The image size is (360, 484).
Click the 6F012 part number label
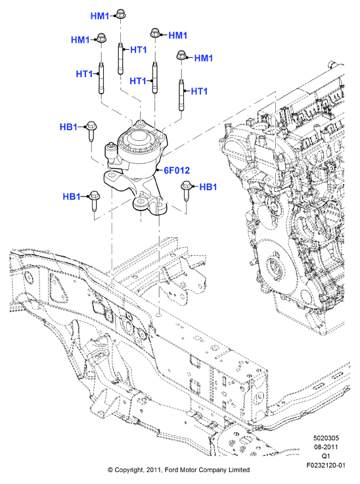(177, 170)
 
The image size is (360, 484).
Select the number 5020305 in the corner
(326, 438)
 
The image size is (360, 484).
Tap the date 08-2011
(326, 447)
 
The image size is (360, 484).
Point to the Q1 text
(326, 456)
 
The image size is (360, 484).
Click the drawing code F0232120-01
(326, 465)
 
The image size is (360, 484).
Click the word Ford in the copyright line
(171, 470)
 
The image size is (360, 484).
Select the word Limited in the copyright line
(238, 470)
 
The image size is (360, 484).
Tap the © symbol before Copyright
(110, 470)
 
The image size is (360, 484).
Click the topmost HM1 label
(100, 16)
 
